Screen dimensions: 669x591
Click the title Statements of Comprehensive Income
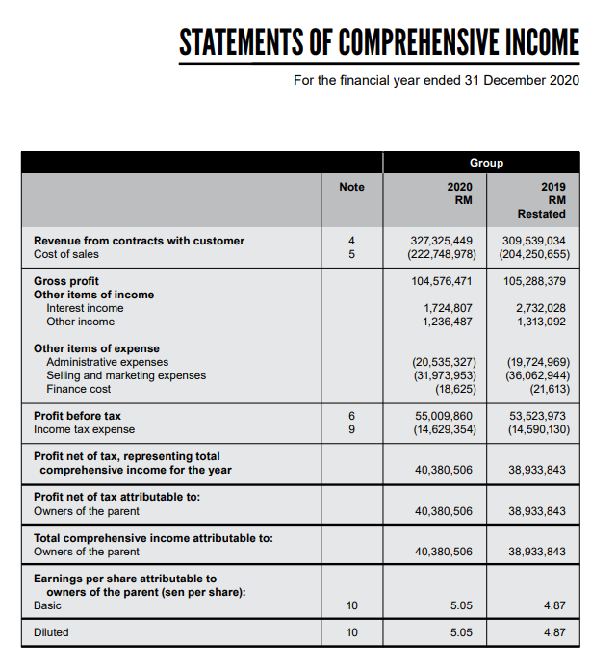pyautogui.click(x=378, y=41)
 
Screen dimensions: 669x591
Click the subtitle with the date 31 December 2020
pyautogui.click(x=436, y=80)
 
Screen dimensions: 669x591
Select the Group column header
pyautogui.click(x=486, y=163)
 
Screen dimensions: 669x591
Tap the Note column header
pyautogui.click(x=352, y=186)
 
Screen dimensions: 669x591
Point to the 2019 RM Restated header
pyautogui.click(x=541, y=199)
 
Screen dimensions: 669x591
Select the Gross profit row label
pyautogui.click(x=65, y=281)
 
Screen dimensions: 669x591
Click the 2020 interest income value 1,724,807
pyautogui.click(x=449, y=308)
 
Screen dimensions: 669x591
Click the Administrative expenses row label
pyautogui.click(x=107, y=362)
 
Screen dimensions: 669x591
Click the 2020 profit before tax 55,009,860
pyautogui.click(x=444, y=416)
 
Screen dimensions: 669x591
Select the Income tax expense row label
pyautogui.click(x=85, y=429)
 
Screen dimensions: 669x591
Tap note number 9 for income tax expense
pyautogui.click(x=352, y=429)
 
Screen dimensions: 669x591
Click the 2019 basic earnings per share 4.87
pyautogui.click(x=553, y=605)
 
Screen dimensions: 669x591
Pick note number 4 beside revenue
pyautogui.click(x=352, y=241)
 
